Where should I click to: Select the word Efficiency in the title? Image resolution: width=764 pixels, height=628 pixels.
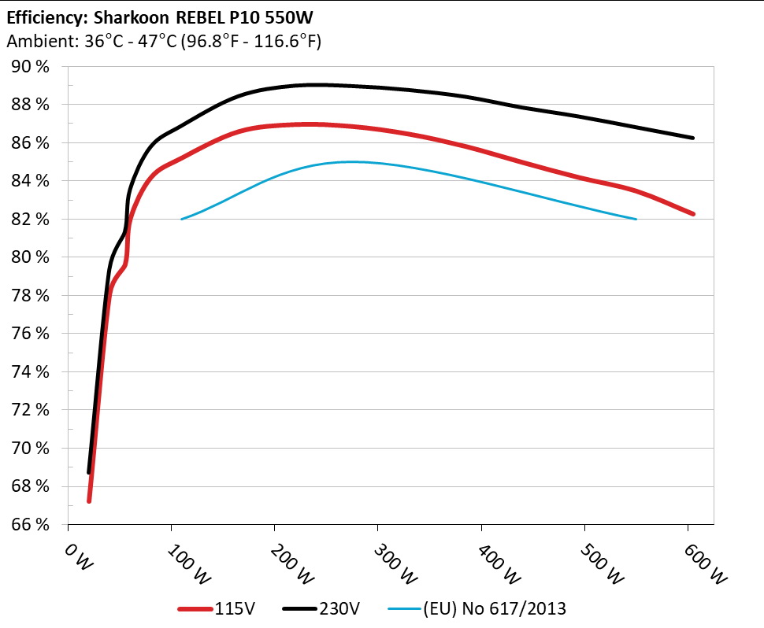[42, 16]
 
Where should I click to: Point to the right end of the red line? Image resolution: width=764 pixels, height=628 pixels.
[693, 214]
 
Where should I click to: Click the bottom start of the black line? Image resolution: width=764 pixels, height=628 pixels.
[88, 472]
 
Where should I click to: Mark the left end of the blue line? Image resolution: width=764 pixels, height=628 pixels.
[182, 219]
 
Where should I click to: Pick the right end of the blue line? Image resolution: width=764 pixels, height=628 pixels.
[636, 219]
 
